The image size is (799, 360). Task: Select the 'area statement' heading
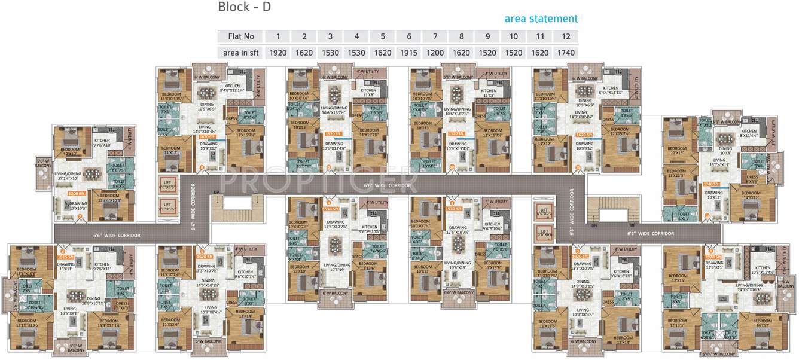(x=541, y=19)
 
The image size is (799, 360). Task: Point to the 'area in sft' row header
(x=240, y=53)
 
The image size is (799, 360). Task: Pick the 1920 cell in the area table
(x=278, y=53)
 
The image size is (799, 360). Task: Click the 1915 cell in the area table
(x=409, y=53)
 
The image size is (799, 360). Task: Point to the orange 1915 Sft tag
(x=66, y=257)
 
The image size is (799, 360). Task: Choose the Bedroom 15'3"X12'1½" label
(x=109, y=323)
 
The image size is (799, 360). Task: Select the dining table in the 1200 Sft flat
(x=92, y=173)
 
